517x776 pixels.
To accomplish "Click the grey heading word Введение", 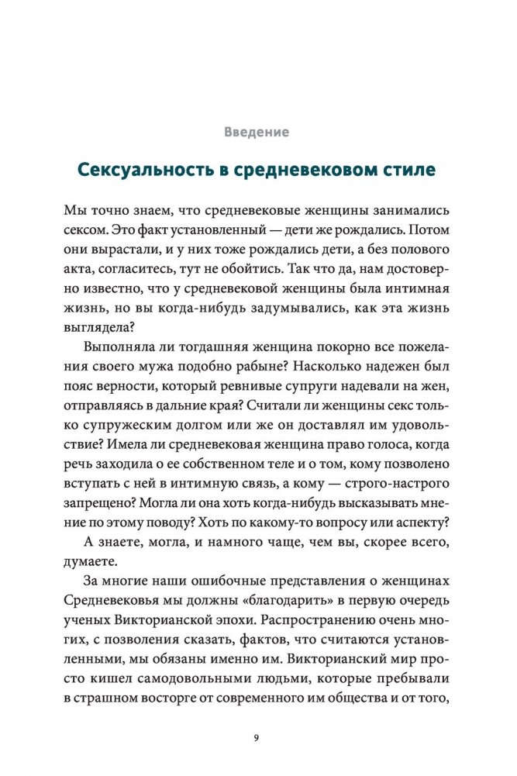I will coord(257,132).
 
